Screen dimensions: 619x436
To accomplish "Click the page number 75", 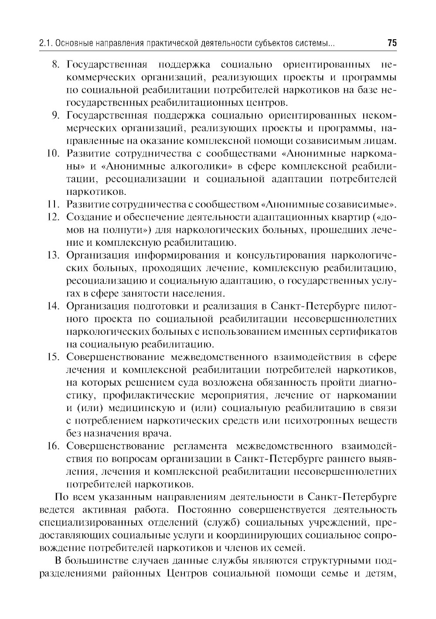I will click(x=392, y=44).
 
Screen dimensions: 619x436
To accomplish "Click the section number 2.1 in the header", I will click(x=45, y=44).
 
